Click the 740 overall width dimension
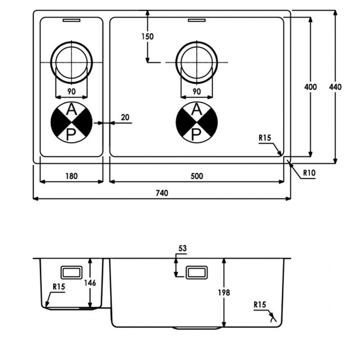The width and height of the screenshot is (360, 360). pyautogui.click(x=162, y=193)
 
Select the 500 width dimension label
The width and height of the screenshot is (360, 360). pyautogui.click(x=197, y=176)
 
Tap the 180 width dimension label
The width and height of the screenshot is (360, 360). pyautogui.click(x=72, y=176)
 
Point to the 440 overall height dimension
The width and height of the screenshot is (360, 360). pyautogui.click(x=335, y=87)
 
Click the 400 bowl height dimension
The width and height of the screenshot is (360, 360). pyautogui.click(x=310, y=87)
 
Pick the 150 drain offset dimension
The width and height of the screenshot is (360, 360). pyautogui.click(x=148, y=36)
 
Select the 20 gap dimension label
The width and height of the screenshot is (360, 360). pyautogui.click(x=125, y=117)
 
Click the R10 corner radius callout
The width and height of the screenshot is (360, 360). pyautogui.click(x=309, y=173)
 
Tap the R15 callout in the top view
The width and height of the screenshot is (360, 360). pyautogui.click(x=265, y=138)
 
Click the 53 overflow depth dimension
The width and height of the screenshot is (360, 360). pyautogui.click(x=183, y=248)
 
